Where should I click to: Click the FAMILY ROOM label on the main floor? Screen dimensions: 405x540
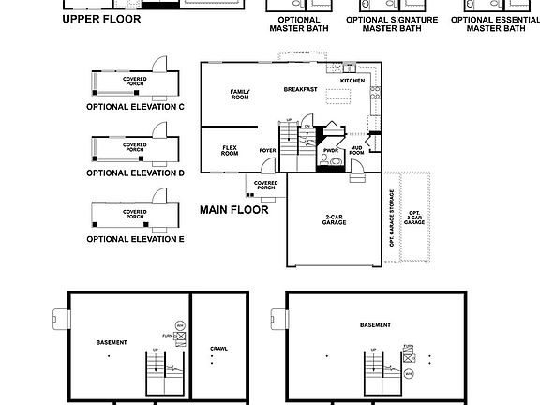(x=240, y=94)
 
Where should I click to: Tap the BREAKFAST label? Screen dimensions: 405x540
(x=301, y=89)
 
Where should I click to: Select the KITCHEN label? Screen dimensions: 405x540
(x=352, y=81)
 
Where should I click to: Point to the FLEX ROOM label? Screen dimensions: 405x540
(x=230, y=150)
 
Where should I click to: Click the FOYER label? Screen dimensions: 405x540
(x=268, y=150)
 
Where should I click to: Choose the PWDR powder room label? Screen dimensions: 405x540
(x=330, y=150)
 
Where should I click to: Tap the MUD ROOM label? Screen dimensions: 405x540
(x=356, y=150)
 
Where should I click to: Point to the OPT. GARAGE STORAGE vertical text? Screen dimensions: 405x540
(x=392, y=217)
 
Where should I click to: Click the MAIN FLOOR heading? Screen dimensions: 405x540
(x=234, y=210)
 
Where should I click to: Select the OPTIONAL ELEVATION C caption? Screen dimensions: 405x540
(x=135, y=107)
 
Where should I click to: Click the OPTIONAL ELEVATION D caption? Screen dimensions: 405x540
(x=135, y=172)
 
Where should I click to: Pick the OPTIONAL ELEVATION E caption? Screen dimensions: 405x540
(x=135, y=239)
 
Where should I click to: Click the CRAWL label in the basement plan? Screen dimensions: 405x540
(x=218, y=348)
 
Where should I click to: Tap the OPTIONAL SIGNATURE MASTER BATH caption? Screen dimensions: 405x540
(x=398, y=24)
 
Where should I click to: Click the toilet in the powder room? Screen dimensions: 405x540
(x=323, y=162)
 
